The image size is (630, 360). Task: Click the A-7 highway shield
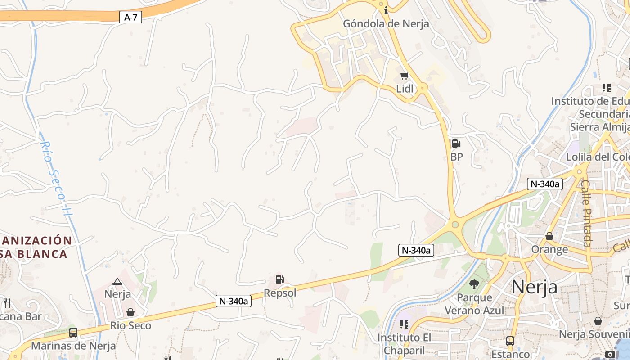click(x=130, y=18)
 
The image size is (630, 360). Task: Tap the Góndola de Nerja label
click(x=386, y=24)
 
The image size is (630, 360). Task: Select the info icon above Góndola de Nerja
click(x=386, y=10)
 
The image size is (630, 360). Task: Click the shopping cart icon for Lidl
click(x=405, y=76)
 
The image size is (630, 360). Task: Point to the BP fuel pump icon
click(x=456, y=144)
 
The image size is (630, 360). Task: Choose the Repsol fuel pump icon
click(x=279, y=279)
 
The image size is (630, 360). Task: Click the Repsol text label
click(x=280, y=293)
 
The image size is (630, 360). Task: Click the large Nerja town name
click(x=535, y=287)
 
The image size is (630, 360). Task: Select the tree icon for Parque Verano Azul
click(x=474, y=284)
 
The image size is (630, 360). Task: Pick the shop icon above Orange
click(x=549, y=236)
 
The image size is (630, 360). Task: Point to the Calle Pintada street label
click(x=586, y=213)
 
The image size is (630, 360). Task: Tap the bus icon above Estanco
click(x=510, y=341)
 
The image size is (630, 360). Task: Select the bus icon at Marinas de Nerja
click(x=73, y=333)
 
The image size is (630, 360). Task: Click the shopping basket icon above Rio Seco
click(x=130, y=312)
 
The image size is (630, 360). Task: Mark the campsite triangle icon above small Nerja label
click(x=117, y=281)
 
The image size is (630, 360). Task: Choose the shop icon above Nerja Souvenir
click(x=598, y=320)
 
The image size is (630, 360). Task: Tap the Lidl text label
click(x=405, y=89)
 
